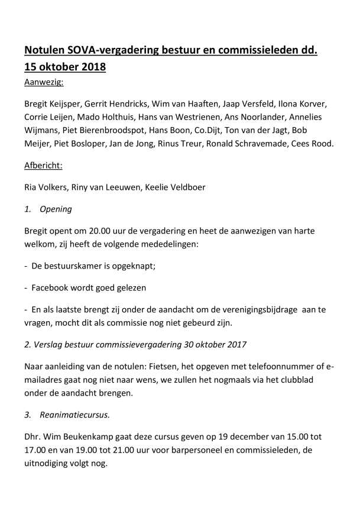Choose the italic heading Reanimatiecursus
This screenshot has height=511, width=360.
pos(74,415)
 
